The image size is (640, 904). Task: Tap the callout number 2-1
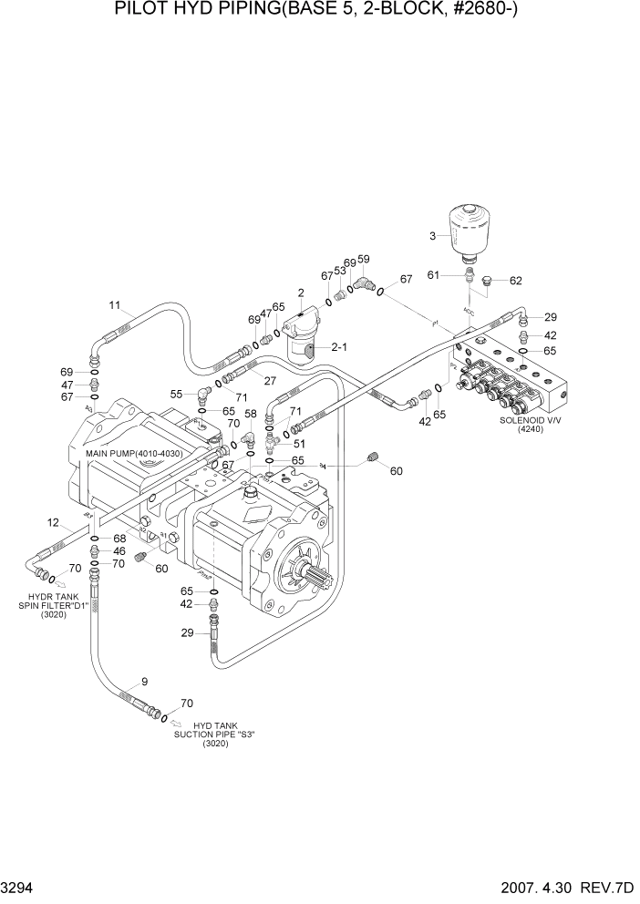pos(340,347)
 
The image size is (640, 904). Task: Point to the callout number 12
pos(53,522)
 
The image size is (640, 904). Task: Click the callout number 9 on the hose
pos(143,681)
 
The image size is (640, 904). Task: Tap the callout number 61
pos(433,274)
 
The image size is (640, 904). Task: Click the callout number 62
pos(515,281)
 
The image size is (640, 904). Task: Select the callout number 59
pos(364,259)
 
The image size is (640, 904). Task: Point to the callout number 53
pos(340,270)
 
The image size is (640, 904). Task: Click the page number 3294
pos(20,887)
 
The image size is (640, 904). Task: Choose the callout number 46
pos(119,551)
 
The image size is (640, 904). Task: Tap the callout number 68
pos(119,539)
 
